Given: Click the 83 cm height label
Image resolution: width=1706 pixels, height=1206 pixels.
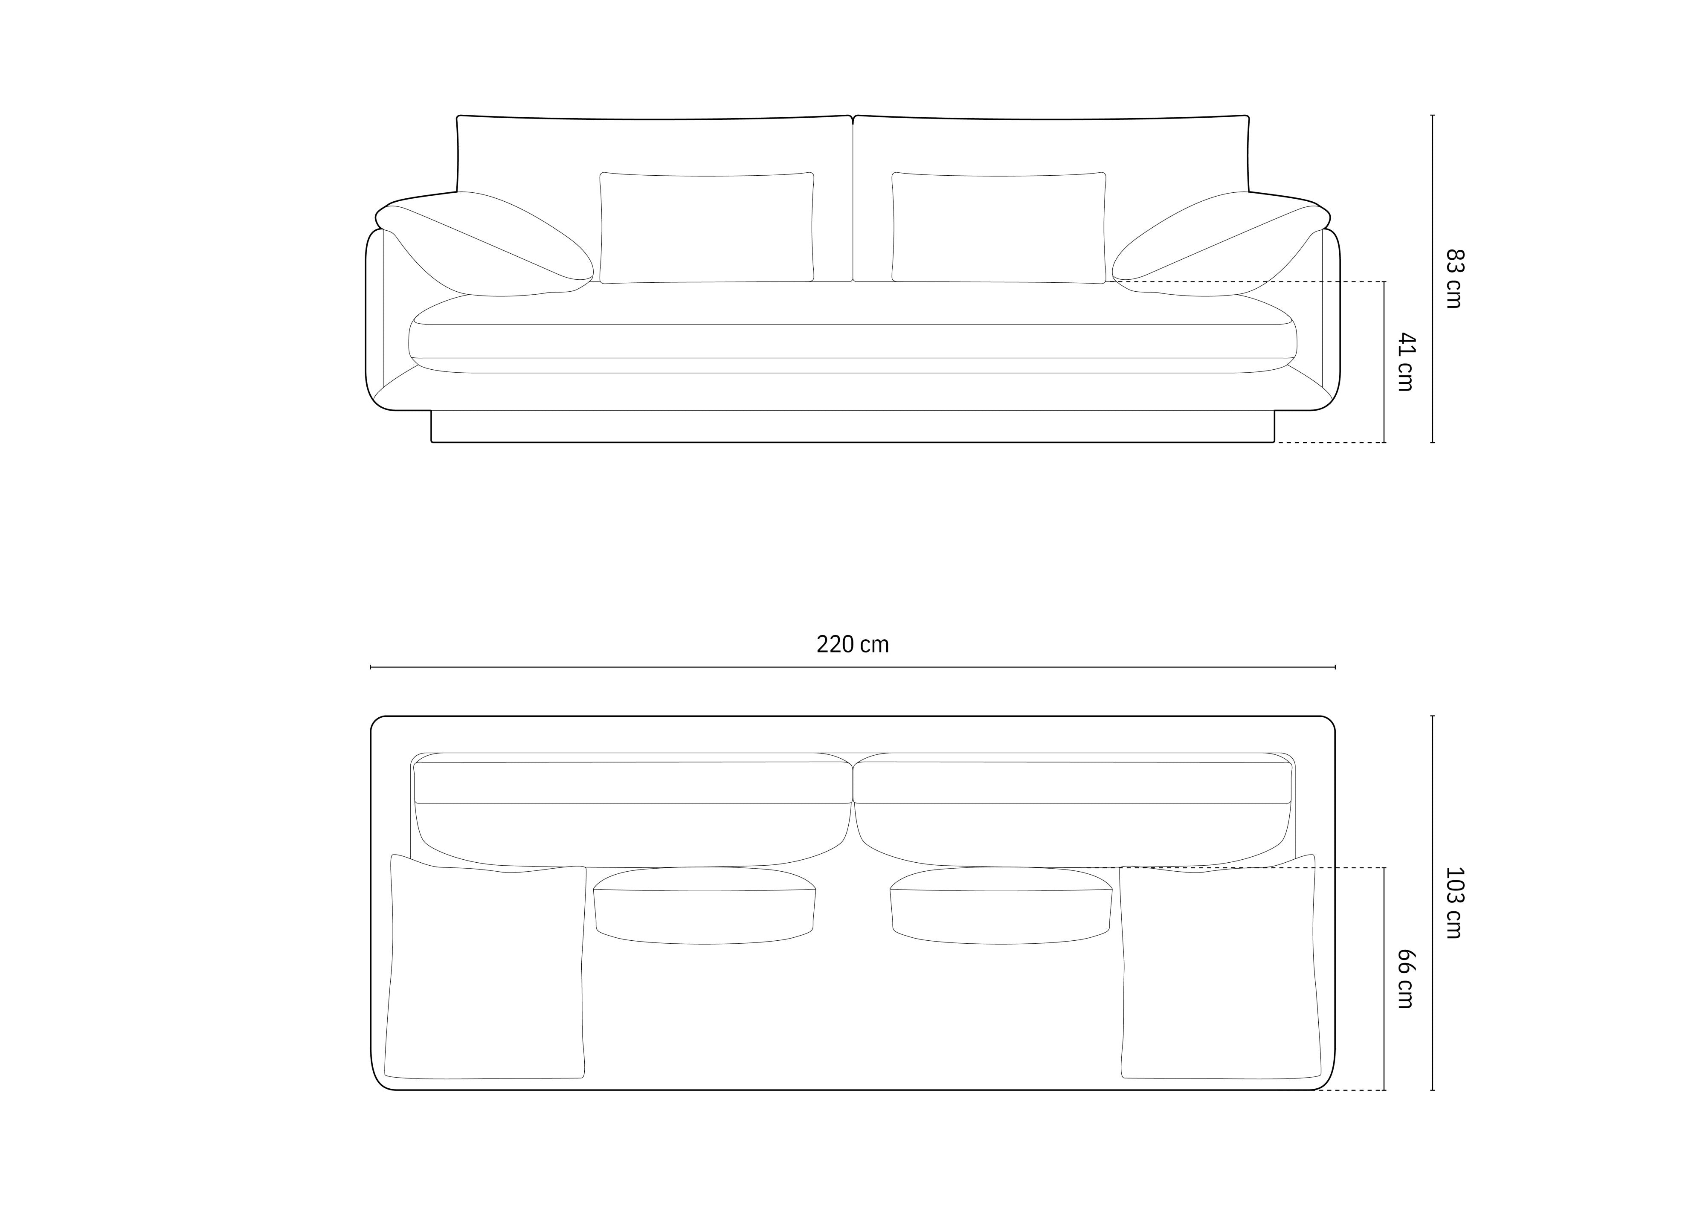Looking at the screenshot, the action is [x=1454, y=278].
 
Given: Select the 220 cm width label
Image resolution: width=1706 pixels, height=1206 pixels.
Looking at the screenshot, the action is [x=852, y=644].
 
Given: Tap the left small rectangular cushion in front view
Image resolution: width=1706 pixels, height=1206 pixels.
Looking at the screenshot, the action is [x=707, y=227].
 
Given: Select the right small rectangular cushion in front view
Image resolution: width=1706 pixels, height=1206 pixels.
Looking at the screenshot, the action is [x=998, y=227].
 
